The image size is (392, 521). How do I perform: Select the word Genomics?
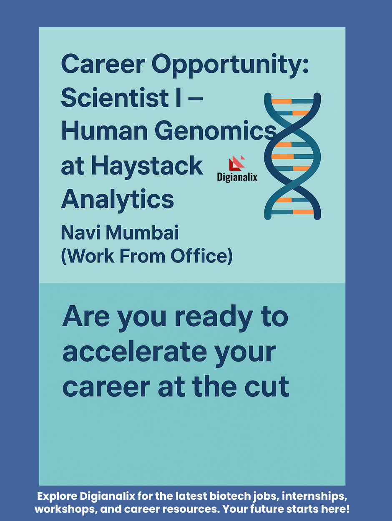(x=216, y=131)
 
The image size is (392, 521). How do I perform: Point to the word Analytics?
(x=118, y=200)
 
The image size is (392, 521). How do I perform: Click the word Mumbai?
(x=142, y=233)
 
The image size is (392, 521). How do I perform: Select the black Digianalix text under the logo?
(x=237, y=177)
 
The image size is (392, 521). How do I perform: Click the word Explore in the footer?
(x=57, y=496)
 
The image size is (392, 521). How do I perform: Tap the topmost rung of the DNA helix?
(x=292, y=101)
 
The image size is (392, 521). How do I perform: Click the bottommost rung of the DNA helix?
(x=292, y=212)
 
